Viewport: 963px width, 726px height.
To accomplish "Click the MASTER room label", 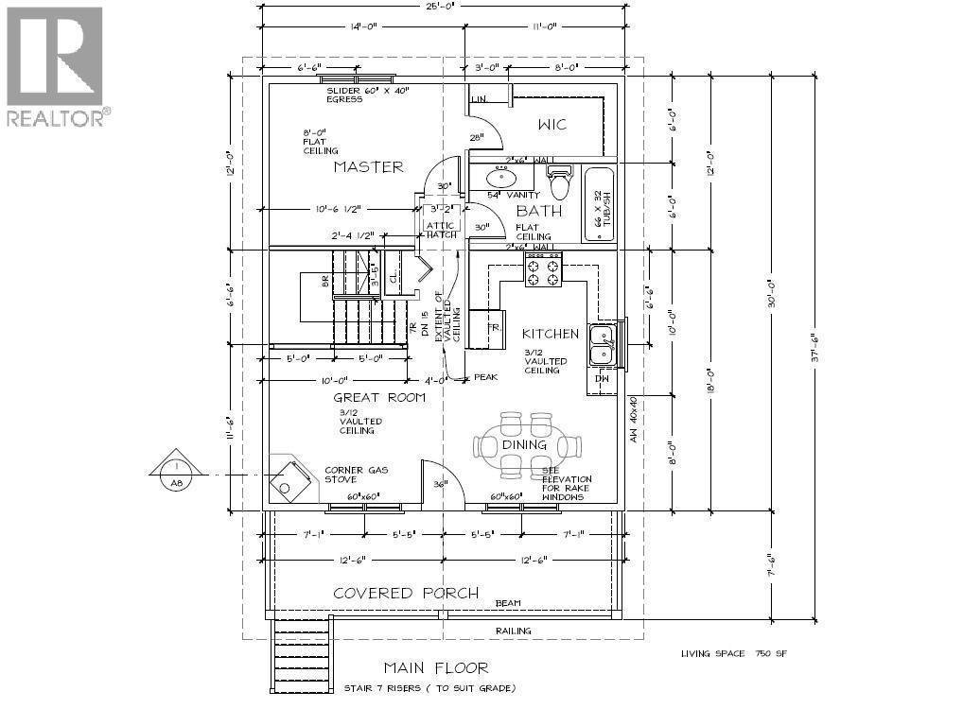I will click(x=368, y=167).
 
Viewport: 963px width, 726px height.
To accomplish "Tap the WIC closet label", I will click(x=552, y=125).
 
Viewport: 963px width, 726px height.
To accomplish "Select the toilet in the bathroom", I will click(x=560, y=181).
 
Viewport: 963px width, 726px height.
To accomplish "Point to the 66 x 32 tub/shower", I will click(x=598, y=206).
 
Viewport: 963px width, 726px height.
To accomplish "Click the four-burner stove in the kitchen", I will click(x=543, y=269).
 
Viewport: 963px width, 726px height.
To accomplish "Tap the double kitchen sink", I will click(x=602, y=344).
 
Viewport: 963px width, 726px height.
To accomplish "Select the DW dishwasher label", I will click(x=603, y=379).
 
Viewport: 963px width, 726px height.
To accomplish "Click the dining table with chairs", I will click(x=524, y=444).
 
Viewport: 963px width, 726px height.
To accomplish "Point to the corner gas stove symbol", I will click(x=289, y=478).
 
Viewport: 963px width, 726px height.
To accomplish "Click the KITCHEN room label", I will click(x=550, y=334).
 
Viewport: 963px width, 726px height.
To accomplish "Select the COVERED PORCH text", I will click(x=399, y=594).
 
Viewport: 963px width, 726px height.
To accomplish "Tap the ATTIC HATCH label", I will click(x=441, y=230).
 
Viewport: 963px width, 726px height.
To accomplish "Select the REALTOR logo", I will click(x=56, y=66).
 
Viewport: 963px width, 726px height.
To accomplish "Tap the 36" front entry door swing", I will click(x=439, y=484).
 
